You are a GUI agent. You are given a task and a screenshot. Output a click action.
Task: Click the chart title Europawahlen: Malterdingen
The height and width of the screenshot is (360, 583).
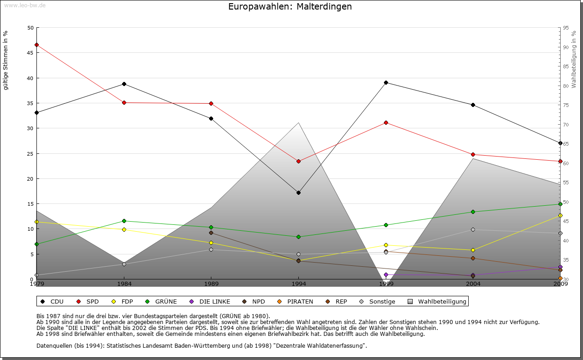click(x=290, y=7)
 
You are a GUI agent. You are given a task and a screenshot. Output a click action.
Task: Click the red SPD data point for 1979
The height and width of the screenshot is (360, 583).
click(x=36, y=45)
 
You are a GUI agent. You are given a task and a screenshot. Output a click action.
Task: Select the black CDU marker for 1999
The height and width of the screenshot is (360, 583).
click(x=386, y=82)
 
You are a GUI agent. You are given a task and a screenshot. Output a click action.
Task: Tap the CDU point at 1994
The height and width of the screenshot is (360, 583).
click(x=298, y=193)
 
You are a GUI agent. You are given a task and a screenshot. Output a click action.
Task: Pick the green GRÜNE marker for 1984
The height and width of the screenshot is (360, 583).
click(x=124, y=221)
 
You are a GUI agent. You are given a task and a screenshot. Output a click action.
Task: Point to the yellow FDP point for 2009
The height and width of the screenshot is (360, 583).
click(x=560, y=215)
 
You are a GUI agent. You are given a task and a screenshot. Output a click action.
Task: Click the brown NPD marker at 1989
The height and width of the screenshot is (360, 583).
click(x=211, y=233)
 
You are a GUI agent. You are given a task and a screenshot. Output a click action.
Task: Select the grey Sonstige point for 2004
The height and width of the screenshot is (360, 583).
click(x=473, y=229)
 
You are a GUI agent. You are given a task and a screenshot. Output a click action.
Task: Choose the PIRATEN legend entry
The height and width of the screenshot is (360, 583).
click(x=296, y=301)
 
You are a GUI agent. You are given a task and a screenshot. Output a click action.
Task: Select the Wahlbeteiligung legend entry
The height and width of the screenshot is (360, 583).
click(x=437, y=301)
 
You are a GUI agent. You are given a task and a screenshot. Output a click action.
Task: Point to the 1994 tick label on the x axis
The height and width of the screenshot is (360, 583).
click(x=299, y=284)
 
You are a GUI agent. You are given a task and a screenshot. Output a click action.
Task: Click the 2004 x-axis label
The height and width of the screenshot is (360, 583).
click(x=473, y=284)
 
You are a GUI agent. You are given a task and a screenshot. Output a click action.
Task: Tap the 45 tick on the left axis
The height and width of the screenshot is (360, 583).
click(x=30, y=53)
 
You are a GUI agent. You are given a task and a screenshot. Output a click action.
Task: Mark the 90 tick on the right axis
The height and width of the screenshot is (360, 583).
click(x=565, y=47)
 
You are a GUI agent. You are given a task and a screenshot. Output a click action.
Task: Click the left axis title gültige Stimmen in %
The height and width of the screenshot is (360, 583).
click(x=5, y=60)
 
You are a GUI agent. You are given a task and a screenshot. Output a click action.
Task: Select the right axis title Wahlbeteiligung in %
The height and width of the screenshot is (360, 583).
click(x=574, y=60)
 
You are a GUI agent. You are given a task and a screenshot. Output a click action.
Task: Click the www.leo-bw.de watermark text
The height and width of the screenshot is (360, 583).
click(x=24, y=5)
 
